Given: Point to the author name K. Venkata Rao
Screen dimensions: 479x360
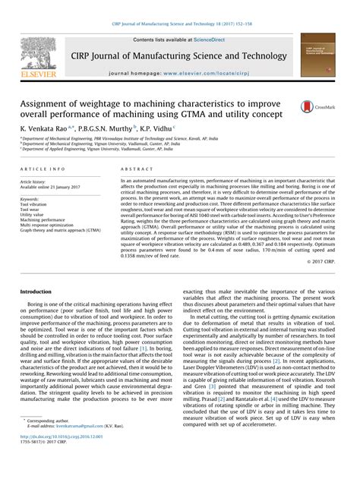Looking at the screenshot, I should click(x=46, y=129).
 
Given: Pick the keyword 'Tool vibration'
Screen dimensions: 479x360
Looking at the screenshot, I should click(x=33, y=205).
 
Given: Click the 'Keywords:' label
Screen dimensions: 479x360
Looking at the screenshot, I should click(x=31, y=199).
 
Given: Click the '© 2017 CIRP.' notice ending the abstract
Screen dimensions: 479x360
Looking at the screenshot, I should click(x=324, y=260).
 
